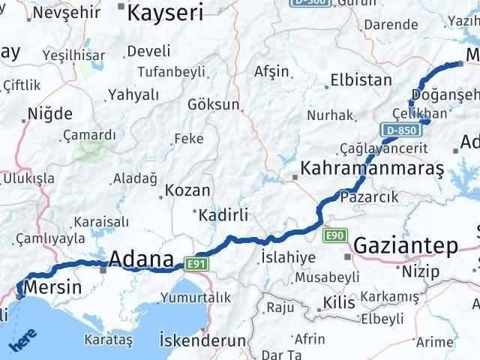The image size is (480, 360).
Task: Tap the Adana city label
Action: pyautogui.click(x=142, y=259)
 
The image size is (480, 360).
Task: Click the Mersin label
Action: pyautogui.click(x=52, y=286)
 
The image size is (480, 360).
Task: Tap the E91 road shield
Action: pyautogui.click(x=196, y=263)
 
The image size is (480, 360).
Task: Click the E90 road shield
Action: pyautogui.click(x=335, y=237)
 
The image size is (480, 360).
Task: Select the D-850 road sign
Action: pyautogui.click(x=399, y=130)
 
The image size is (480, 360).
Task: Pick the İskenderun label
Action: pyautogui.click(x=202, y=340)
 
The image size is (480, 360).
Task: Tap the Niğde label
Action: pyautogui.click(x=50, y=115)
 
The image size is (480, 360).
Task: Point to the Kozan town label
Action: pyautogui.click(x=187, y=190)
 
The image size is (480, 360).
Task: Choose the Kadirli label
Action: pyautogui.click(x=223, y=215)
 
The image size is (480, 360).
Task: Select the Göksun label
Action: pyautogui.click(x=214, y=104)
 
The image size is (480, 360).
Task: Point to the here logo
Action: pyautogui.click(x=23, y=343)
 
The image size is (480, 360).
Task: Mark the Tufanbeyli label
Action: pyautogui.click(x=169, y=72)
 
